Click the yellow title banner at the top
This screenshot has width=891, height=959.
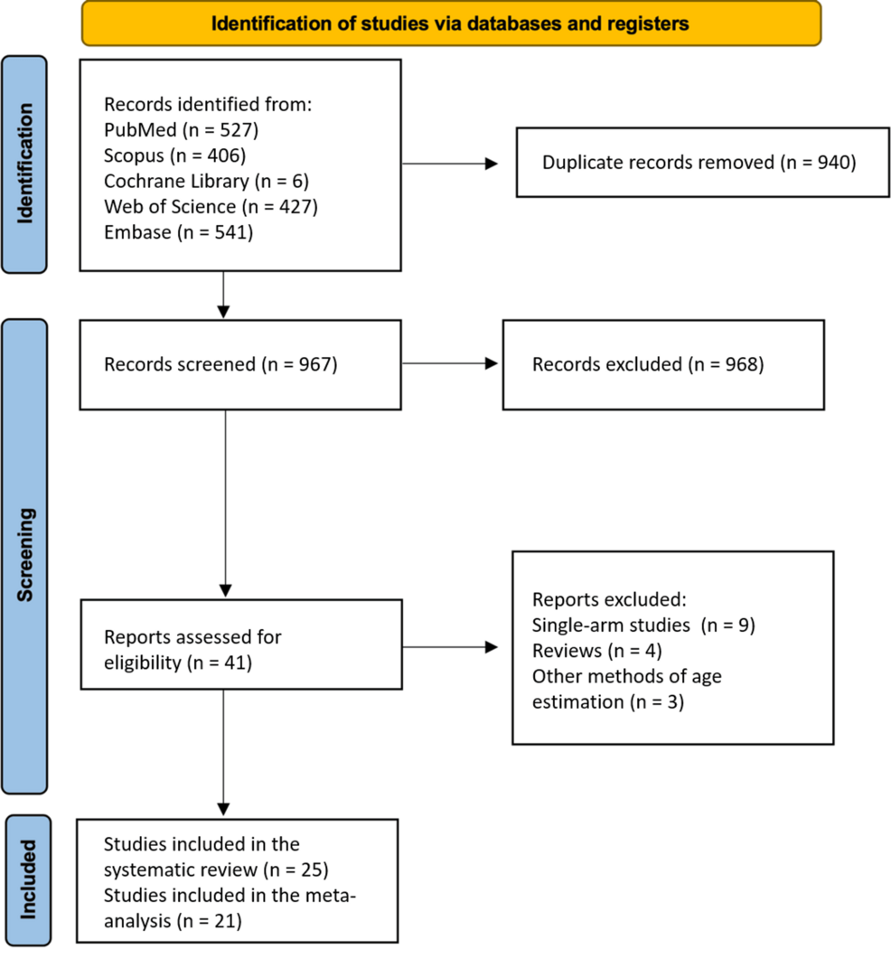[451, 24]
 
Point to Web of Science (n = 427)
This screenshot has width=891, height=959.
[211, 207]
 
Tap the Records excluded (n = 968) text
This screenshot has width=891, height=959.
[648, 364]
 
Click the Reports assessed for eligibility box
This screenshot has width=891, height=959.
[240, 649]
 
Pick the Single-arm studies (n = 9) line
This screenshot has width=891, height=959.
[642, 625]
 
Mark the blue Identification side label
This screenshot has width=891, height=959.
[24, 163]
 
